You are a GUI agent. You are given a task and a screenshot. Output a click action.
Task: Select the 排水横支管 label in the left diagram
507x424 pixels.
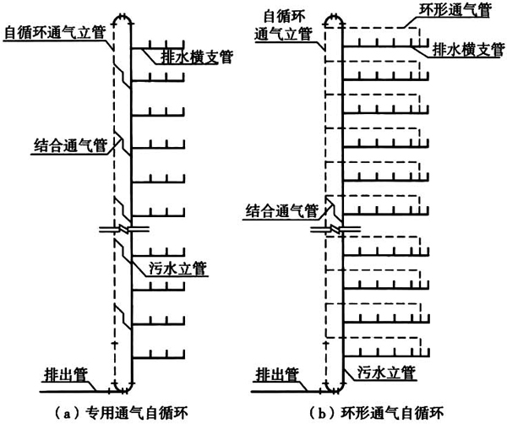(195, 57)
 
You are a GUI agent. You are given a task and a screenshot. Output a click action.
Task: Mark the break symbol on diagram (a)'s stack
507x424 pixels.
(123, 229)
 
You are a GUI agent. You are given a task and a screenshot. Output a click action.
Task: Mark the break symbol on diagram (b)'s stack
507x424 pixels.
(335, 229)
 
